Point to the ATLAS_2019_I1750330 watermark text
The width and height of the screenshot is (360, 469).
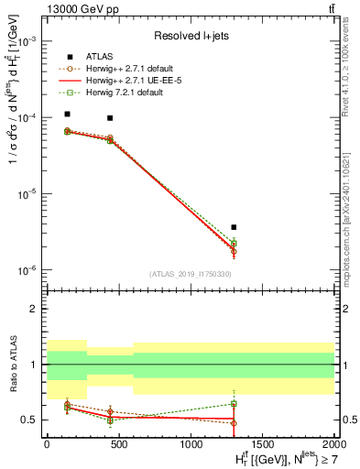point(190,274)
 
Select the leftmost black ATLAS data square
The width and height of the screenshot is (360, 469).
point(68,115)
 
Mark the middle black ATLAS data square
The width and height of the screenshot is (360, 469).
point(110,118)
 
